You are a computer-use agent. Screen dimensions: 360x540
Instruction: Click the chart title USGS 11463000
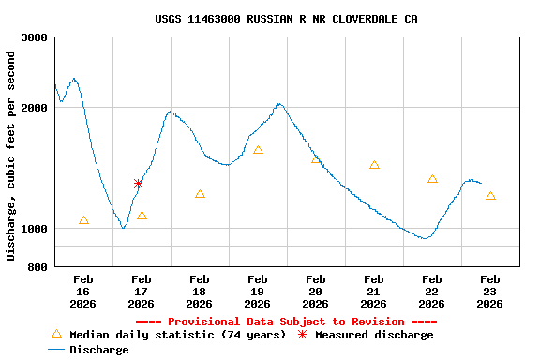pyautogui.click(x=286, y=19)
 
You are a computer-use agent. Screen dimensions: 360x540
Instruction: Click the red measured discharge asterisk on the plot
pyautogui.click(x=138, y=184)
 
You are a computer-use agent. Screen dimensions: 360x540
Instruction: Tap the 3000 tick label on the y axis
pyautogui.click(x=35, y=37)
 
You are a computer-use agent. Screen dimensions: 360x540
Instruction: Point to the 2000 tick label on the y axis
pyautogui.click(x=35, y=108)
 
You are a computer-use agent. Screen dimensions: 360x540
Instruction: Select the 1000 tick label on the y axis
pyautogui.click(x=35, y=229)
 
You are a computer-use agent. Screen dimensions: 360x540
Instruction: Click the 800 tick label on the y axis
pyautogui.click(x=38, y=267)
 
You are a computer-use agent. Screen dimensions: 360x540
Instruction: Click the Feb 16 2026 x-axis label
pyautogui.click(x=83, y=292)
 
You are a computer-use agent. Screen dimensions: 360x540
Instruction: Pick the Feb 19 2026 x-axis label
pyautogui.click(x=258, y=292)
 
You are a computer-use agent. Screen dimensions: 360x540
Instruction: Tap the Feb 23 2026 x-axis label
pyautogui.click(x=490, y=292)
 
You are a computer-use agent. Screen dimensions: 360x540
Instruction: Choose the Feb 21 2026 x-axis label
pyautogui.click(x=374, y=292)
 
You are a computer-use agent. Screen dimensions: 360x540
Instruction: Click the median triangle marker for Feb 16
pyautogui.click(x=83, y=220)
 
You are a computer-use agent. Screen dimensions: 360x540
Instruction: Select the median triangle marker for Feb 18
pyautogui.click(x=200, y=194)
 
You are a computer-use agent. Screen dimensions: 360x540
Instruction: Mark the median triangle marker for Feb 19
pyautogui.click(x=258, y=150)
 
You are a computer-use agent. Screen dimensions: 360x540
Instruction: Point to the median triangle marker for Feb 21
pyautogui.click(x=374, y=165)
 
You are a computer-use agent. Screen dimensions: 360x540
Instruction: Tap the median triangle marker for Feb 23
pyautogui.click(x=490, y=196)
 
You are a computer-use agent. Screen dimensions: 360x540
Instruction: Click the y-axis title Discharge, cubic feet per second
pyautogui.click(x=11, y=156)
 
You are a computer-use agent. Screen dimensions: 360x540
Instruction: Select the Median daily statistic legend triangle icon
pyautogui.click(x=56, y=334)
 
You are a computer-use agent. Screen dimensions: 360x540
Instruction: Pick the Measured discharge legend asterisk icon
pyautogui.click(x=302, y=335)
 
